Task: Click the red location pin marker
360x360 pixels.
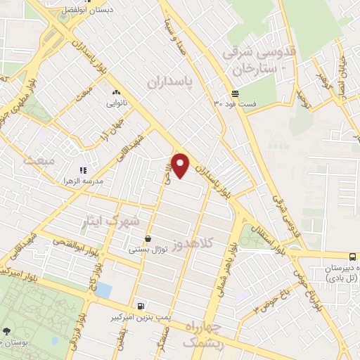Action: [181, 165]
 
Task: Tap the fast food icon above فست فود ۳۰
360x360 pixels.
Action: [235, 94]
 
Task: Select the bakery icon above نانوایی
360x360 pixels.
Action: [116, 92]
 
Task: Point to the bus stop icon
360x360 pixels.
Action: [352, 256]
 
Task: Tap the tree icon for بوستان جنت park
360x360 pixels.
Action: [6, 330]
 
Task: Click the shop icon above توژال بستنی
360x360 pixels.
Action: [148, 238]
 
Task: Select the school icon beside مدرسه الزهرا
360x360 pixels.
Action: [82, 170]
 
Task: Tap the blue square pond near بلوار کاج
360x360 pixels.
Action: [103, 290]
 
